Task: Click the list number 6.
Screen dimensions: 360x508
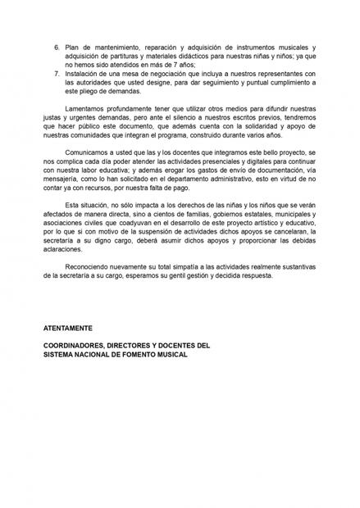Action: pyautogui.click(x=57, y=49)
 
